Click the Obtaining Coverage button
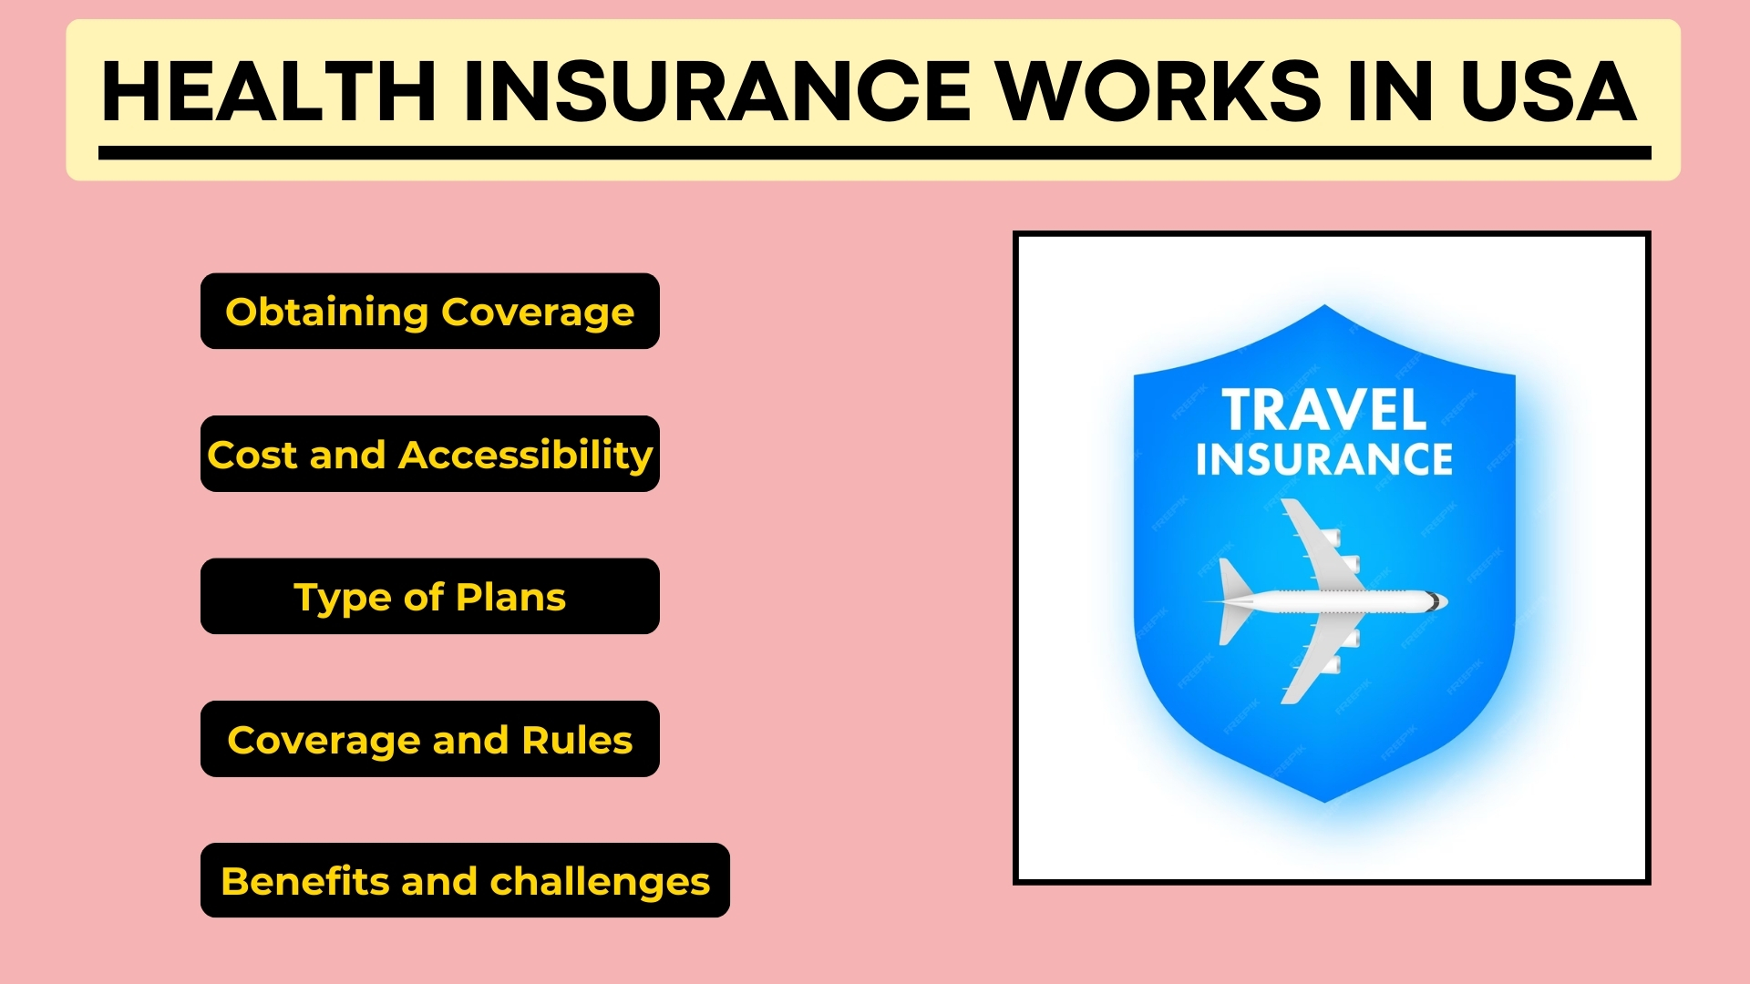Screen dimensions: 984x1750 [x=429, y=312]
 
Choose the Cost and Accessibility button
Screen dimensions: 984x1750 [x=429, y=454]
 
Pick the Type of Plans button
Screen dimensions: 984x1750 [x=429, y=597]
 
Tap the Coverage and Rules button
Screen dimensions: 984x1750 [x=429, y=739]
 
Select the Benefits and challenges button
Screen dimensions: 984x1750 [x=465, y=881]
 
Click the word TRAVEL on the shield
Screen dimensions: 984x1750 [x=1323, y=410]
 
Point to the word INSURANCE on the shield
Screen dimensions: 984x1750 [x=1323, y=459]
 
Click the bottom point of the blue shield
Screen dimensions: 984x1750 [x=1324, y=800]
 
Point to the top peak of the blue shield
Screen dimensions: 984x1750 [x=1324, y=308]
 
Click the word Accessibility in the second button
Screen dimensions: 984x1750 [x=526, y=455]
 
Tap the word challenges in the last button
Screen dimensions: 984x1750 [x=600, y=882]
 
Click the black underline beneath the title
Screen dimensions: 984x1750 [x=874, y=153]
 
